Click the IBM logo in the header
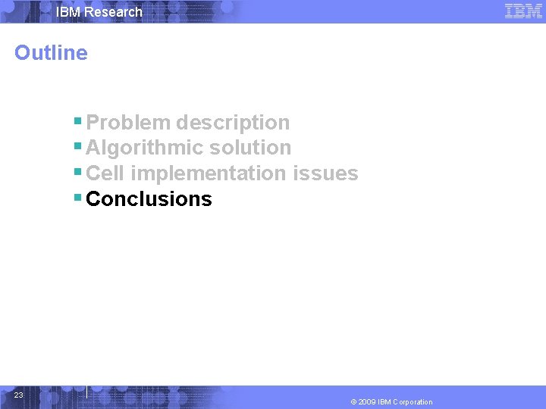(523, 11)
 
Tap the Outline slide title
(51, 53)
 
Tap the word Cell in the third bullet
(105, 173)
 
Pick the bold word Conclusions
(149, 199)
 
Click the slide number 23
(19, 395)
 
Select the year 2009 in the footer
(369, 402)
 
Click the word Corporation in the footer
(413, 402)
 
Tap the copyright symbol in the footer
(354, 402)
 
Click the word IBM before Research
(69, 12)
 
